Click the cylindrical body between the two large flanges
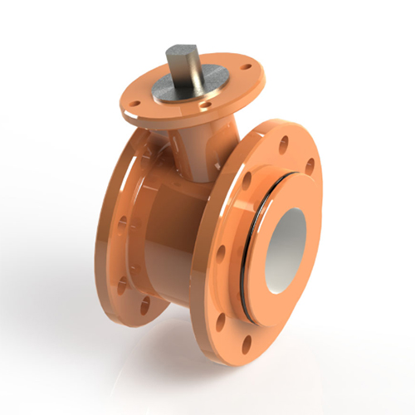178,216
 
